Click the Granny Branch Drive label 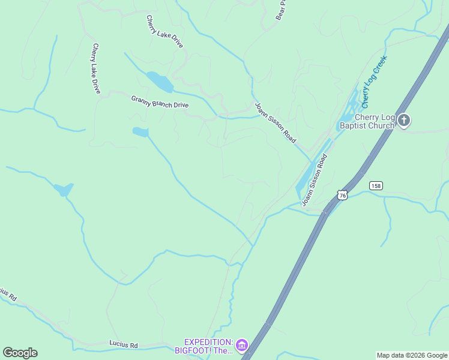(x=160, y=101)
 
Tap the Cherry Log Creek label (x=375, y=78)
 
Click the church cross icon (x=404, y=121)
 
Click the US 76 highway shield (x=342, y=195)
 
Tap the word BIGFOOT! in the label (x=194, y=350)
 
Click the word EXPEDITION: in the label (x=208, y=341)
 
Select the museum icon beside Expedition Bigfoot (x=241, y=345)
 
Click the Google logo (x=20, y=353)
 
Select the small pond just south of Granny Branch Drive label (x=140, y=132)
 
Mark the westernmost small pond (x=64, y=190)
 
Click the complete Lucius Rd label (x=124, y=344)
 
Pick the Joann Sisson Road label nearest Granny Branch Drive (x=275, y=122)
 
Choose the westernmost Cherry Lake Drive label (x=96, y=68)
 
